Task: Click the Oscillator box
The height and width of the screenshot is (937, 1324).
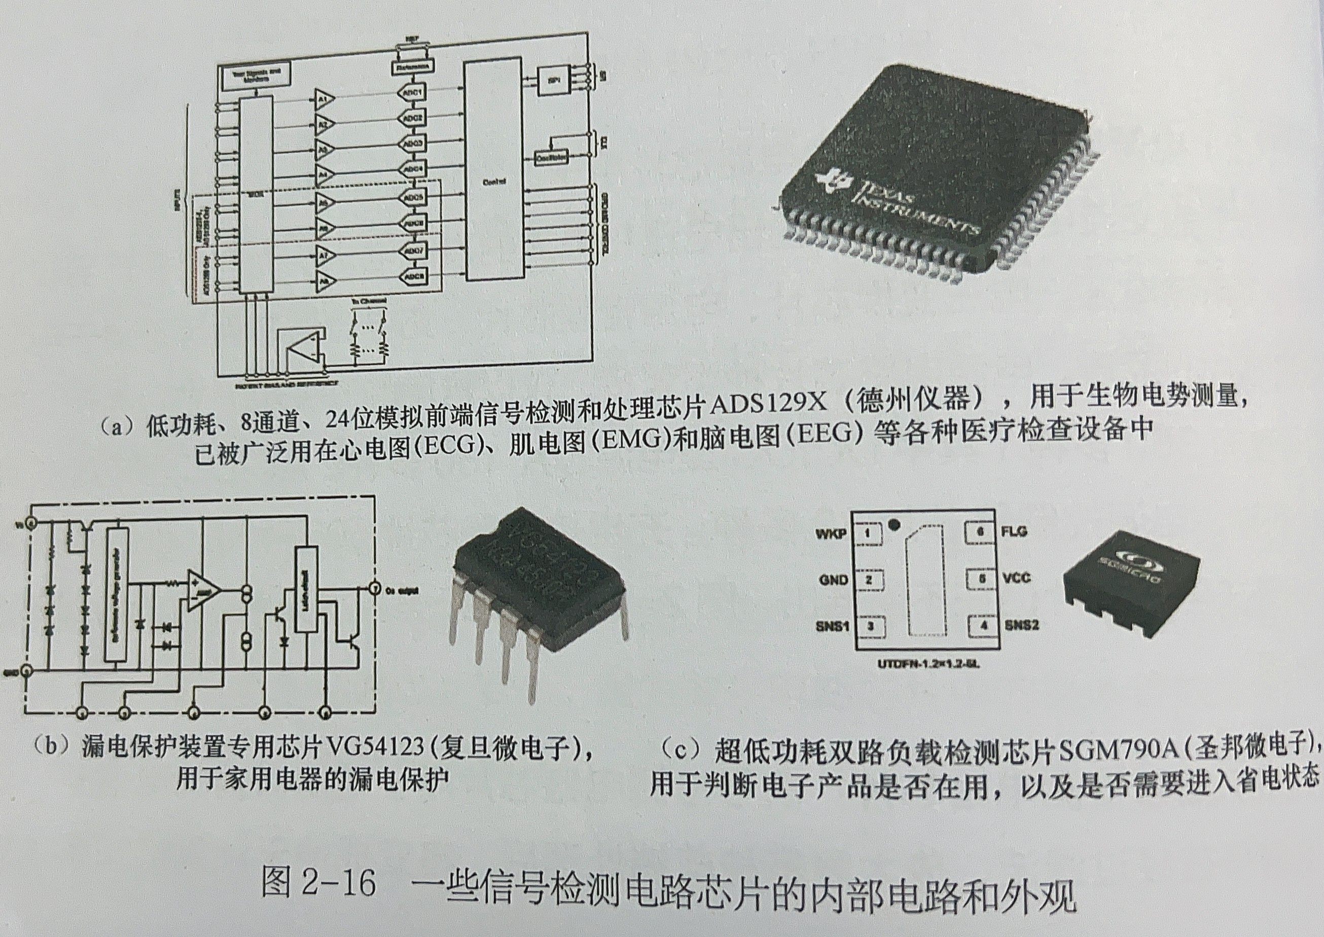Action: point(551,157)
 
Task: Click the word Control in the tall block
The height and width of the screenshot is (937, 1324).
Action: point(494,181)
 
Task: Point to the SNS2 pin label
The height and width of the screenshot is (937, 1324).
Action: point(1022,625)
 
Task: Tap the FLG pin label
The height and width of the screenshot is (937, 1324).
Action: point(1015,531)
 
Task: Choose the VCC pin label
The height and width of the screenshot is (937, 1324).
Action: point(1017,578)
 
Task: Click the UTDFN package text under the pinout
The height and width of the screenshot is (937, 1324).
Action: point(928,665)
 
